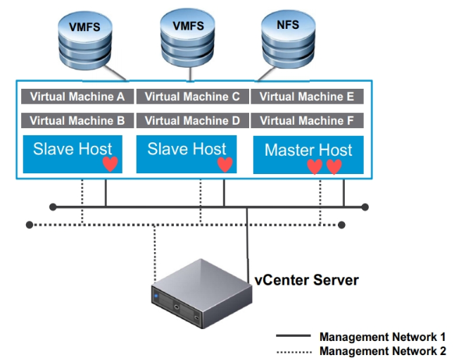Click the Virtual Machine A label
(77, 97)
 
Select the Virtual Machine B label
(77, 120)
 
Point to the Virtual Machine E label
(306, 97)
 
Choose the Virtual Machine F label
(306, 120)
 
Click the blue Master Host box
(308, 151)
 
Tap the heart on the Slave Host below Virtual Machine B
(109, 165)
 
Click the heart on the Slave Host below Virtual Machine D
(225, 165)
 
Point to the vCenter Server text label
(306, 280)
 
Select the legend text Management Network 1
(382, 337)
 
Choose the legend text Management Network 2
(382, 350)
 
